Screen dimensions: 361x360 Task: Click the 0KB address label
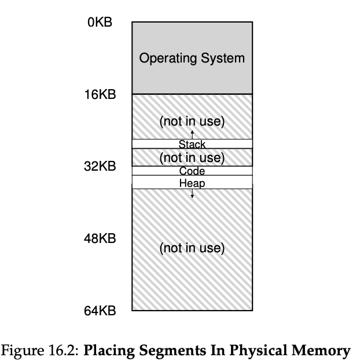[100, 23]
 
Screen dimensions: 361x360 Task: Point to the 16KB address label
[100, 94]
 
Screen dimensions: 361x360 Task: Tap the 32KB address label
[100, 167]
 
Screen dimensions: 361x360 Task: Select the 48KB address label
[100, 238]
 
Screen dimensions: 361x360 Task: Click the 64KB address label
[100, 311]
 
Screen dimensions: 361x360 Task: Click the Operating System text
[192, 58]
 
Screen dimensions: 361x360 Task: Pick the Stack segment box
[192, 144]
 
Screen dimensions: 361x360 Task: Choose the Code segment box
[192, 171]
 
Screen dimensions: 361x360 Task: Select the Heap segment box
[192, 183]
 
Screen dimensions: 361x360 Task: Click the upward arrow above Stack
[192, 135]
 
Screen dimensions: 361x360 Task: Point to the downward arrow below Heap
[192, 194]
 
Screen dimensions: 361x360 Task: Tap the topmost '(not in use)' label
[192, 122]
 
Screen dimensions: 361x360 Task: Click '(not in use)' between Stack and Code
[192, 157]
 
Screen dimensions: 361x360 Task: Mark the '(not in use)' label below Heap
[192, 248]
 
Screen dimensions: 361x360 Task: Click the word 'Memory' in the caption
[322, 351]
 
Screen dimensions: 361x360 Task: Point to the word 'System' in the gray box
[223, 58]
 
